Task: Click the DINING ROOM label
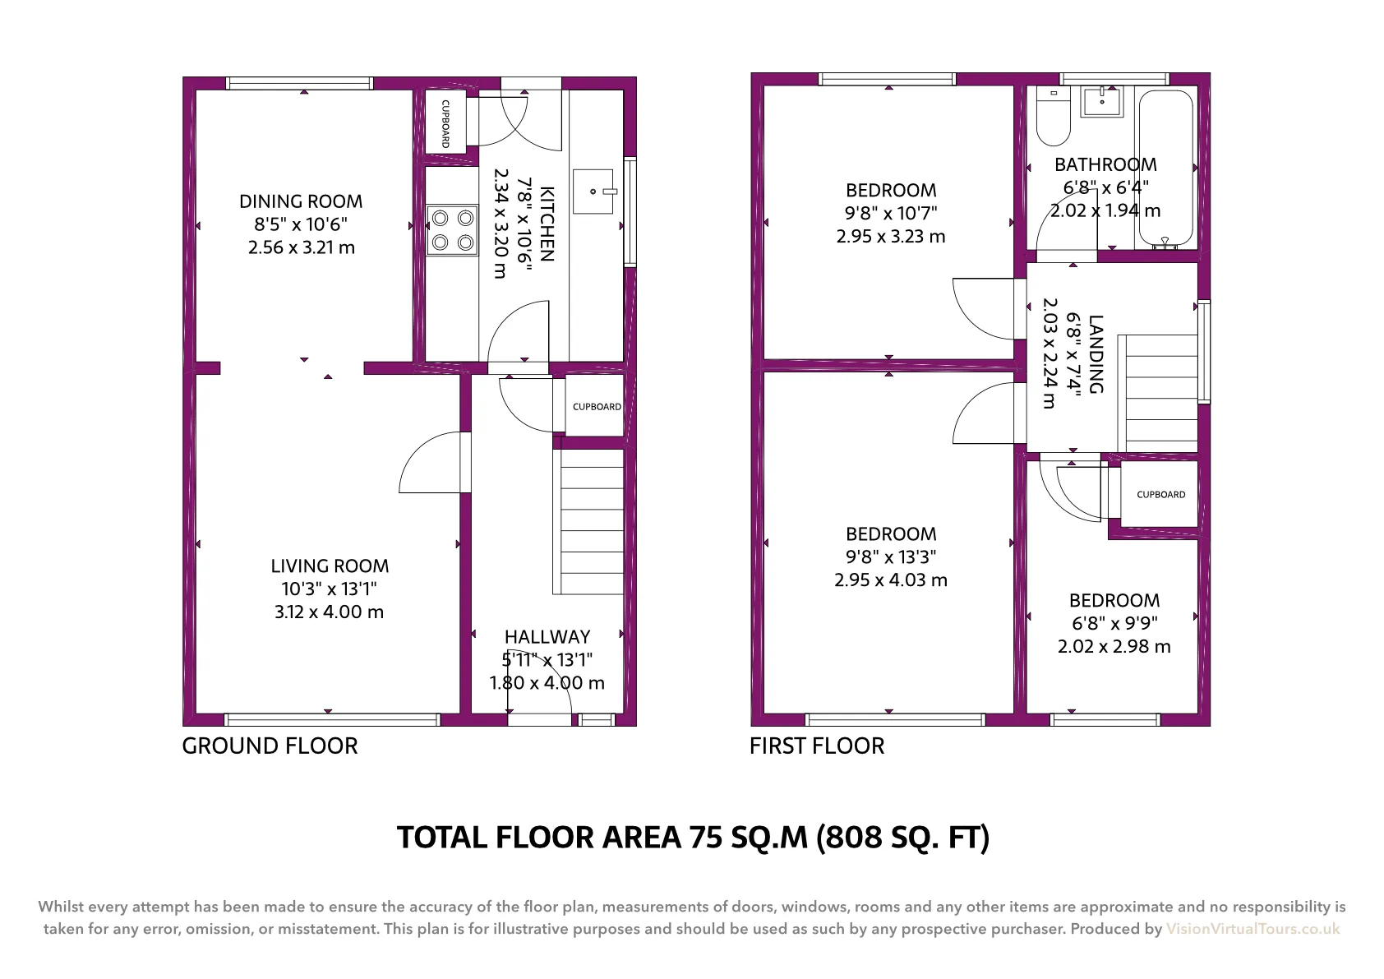tap(301, 201)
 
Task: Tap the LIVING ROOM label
tap(330, 566)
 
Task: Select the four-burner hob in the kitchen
tap(452, 230)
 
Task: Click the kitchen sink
tap(593, 192)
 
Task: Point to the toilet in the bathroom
tap(1054, 116)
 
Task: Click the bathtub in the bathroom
tap(1166, 169)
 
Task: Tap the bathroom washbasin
tap(1101, 101)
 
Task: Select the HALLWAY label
tap(547, 636)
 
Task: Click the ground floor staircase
tap(588, 522)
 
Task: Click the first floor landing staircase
tap(1158, 393)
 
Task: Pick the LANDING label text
tap(1096, 354)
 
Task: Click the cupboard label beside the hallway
tap(597, 407)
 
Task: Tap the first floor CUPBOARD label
tap(1161, 495)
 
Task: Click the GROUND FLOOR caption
tap(270, 746)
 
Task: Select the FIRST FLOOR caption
tap(817, 746)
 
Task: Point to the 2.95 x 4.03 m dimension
tap(891, 580)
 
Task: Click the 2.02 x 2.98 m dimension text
tap(1114, 646)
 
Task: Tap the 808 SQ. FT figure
tap(902, 838)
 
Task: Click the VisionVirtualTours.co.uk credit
tap(1253, 929)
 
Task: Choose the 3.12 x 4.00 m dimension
tap(330, 612)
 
